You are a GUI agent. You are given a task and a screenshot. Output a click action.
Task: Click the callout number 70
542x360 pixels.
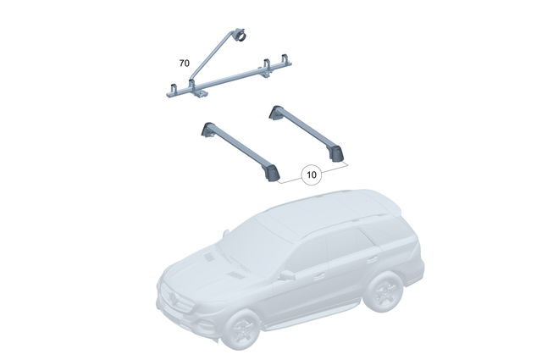pyautogui.click(x=184, y=64)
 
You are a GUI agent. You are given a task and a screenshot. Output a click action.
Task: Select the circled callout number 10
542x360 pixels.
pyautogui.click(x=311, y=175)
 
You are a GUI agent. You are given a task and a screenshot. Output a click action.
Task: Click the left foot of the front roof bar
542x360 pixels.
pyautogui.click(x=207, y=129)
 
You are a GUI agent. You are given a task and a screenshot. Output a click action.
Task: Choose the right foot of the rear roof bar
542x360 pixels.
pyautogui.click(x=340, y=153)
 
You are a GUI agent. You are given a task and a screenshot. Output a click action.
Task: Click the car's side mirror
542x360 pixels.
pyautogui.click(x=287, y=274)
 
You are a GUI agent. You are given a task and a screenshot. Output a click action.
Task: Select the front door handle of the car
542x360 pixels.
pyautogui.click(x=321, y=276)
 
